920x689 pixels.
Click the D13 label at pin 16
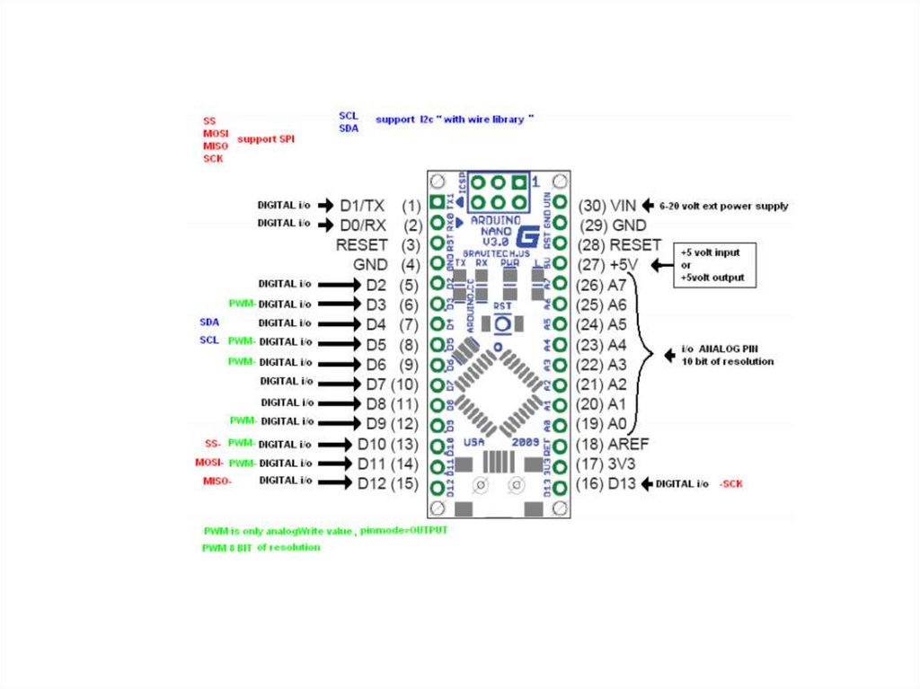[x=622, y=484]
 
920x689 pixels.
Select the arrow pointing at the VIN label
[x=648, y=205]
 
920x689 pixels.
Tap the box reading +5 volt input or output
[x=716, y=265]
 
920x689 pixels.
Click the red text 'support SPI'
[x=266, y=139]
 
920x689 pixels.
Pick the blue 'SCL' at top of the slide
[x=348, y=116]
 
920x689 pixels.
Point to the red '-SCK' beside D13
[x=730, y=484]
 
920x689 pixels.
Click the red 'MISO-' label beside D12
[x=217, y=481]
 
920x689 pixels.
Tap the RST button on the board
[x=503, y=322]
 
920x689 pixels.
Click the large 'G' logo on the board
[x=527, y=235]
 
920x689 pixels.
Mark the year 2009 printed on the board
[x=526, y=442]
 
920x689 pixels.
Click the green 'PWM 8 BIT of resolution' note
[x=261, y=547]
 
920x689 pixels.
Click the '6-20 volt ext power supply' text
[x=723, y=206]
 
